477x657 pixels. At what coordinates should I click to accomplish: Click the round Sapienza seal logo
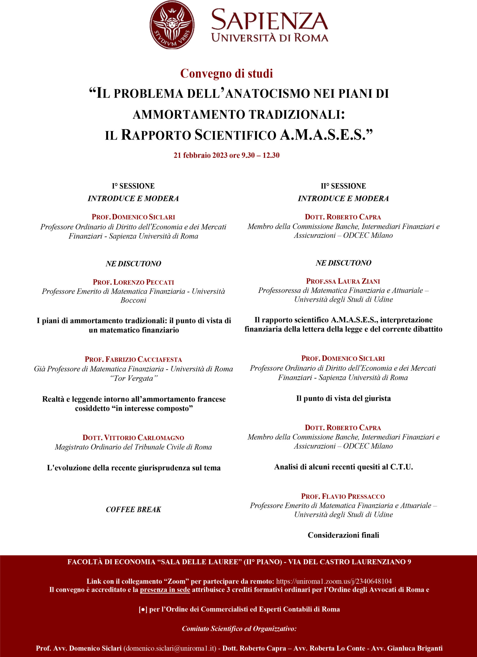[172, 25]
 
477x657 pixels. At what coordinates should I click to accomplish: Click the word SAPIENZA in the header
[270, 20]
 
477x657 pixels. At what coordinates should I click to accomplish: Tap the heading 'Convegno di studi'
[226, 74]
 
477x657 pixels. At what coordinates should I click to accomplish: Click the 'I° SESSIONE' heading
[133, 186]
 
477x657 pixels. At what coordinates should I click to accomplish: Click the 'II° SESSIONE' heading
[343, 186]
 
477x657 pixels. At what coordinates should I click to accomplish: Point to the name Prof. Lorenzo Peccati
[133, 282]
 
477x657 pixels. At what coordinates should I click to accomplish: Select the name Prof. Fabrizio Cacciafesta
[133, 359]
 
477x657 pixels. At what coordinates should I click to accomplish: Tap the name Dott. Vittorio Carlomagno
[133, 437]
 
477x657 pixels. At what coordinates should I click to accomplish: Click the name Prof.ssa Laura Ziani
[343, 281]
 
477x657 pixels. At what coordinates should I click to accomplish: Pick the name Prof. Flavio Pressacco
[343, 496]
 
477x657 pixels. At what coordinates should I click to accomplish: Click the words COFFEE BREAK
[133, 509]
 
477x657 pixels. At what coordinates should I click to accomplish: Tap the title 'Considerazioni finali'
[343, 535]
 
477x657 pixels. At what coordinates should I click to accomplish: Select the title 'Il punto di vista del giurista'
[343, 398]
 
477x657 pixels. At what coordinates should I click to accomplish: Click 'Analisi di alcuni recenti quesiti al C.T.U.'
[343, 467]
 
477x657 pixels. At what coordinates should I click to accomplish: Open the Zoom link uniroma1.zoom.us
[334, 581]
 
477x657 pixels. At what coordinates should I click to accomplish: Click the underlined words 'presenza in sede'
[165, 590]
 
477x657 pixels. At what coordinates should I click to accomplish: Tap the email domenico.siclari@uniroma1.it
[170, 648]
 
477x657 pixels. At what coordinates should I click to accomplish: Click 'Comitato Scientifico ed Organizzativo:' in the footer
[239, 628]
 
